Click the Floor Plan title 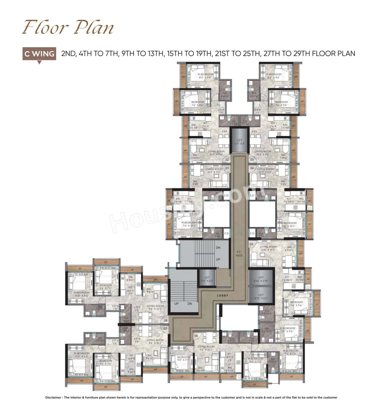[68, 28]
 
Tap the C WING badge [39, 54]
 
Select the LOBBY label [223, 296]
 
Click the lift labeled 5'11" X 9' [239, 142]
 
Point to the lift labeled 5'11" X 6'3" [207, 279]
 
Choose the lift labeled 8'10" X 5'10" [261, 279]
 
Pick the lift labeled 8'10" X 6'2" [261, 296]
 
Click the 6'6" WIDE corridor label [239, 253]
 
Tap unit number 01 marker [227, 168]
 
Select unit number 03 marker [252, 160]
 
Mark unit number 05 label [251, 243]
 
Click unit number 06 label [196, 336]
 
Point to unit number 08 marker [165, 320]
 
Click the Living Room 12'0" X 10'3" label [268, 248]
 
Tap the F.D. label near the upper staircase [226, 233]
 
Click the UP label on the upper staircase [218, 259]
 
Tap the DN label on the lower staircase [190, 304]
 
